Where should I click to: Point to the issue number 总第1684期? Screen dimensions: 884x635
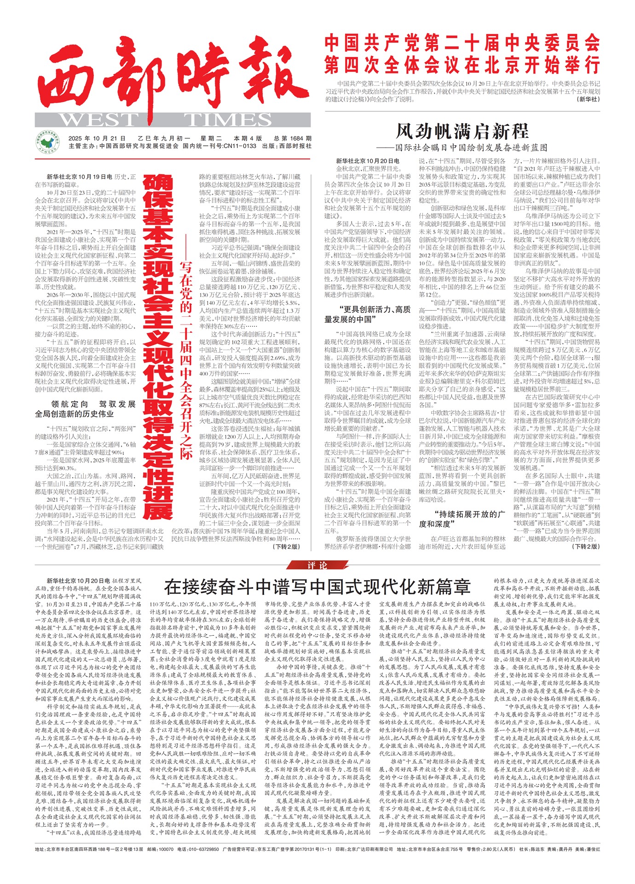(293, 138)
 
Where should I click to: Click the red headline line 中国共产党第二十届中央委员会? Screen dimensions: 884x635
(462, 44)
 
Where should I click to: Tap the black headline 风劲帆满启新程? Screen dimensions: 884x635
(462, 131)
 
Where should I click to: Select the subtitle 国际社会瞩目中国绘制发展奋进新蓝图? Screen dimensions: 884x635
(472, 148)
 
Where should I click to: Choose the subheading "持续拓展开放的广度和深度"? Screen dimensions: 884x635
(462, 519)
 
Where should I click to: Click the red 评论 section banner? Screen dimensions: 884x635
(317, 565)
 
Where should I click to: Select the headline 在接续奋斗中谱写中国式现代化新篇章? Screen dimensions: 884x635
(317, 587)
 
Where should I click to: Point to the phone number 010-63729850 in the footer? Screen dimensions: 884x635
(203, 849)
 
